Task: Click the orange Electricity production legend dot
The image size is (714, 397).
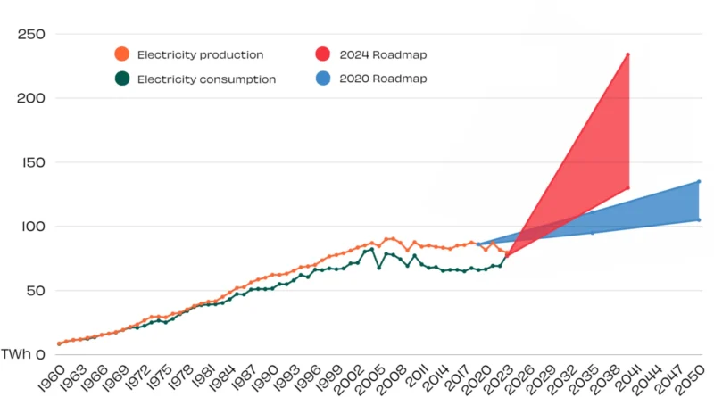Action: pyautogui.click(x=122, y=55)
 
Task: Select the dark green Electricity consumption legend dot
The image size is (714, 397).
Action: pyautogui.click(x=122, y=79)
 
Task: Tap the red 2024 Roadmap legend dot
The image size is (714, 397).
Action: pyautogui.click(x=324, y=55)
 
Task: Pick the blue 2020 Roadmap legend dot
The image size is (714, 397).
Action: pyautogui.click(x=324, y=79)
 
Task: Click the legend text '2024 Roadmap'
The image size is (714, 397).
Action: pyautogui.click(x=383, y=55)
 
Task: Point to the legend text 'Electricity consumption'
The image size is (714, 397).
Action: pyautogui.click(x=206, y=79)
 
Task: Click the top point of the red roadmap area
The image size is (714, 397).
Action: pyautogui.click(x=627, y=54)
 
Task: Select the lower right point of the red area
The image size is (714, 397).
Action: pyautogui.click(x=627, y=187)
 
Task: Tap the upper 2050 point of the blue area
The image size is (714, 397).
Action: pyautogui.click(x=699, y=181)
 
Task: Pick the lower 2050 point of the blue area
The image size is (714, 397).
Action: pyautogui.click(x=699, y=219)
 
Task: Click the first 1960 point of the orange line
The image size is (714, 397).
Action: pyautogui.click(x=60, y=343)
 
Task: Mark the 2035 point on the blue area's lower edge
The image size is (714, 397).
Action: pyautogui.click(x=592, y=233)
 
